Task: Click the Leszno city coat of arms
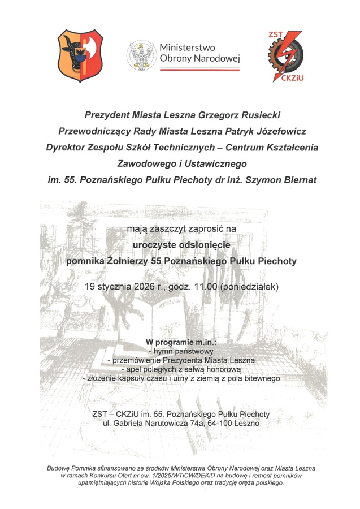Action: (x=79, y=55)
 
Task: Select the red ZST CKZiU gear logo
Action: (x=286, y=55)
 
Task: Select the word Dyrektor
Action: (x=67, y=148)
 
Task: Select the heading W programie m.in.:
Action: (x=181, y=342)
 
